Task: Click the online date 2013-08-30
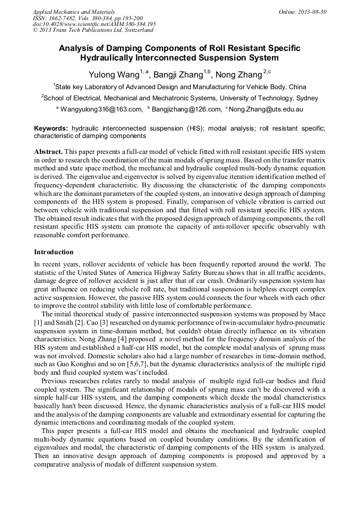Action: [x=310, y=11]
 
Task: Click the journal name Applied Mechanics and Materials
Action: [x=73, y=11]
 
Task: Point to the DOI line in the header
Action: [x=94, y=24]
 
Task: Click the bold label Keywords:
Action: [x=51, y=128]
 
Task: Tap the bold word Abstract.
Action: [x=49, y=151]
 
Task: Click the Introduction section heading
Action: [x=54, y=252]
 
